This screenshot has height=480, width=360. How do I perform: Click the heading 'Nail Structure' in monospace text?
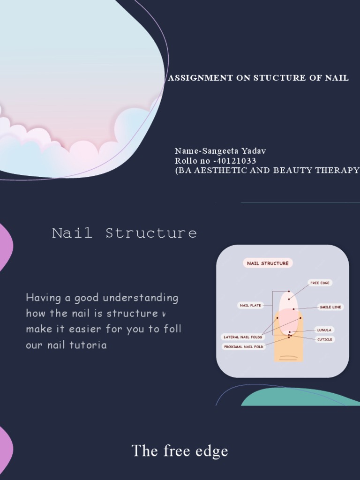124,233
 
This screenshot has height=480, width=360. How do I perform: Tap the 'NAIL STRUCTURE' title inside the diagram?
268,263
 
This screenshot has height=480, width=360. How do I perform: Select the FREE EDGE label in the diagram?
320,283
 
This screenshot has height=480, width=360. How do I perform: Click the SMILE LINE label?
330,307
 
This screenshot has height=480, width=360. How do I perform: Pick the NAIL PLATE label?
251,306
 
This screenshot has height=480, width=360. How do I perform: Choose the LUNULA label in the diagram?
324,330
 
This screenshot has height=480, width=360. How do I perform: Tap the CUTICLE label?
324,339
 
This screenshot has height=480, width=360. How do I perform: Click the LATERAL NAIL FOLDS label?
243,337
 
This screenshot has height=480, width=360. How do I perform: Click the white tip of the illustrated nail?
288,300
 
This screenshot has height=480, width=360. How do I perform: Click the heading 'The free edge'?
180,451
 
